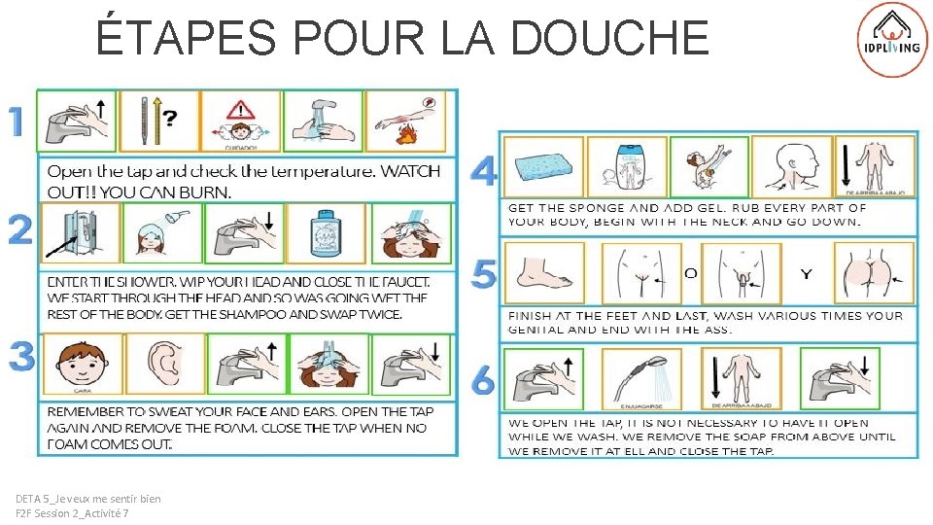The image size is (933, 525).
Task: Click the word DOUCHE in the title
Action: click(608, 37)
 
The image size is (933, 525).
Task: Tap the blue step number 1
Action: click(17, 122)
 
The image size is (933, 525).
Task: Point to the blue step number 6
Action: click(483, 380)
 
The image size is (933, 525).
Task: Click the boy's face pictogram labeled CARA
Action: click(82, 364)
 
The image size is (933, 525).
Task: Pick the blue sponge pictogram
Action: click(544, 166)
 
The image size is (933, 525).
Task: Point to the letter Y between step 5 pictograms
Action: click(806, 274)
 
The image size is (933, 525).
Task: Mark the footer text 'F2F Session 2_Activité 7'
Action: click(72, 513)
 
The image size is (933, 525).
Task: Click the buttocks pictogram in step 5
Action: click(874, 273)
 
